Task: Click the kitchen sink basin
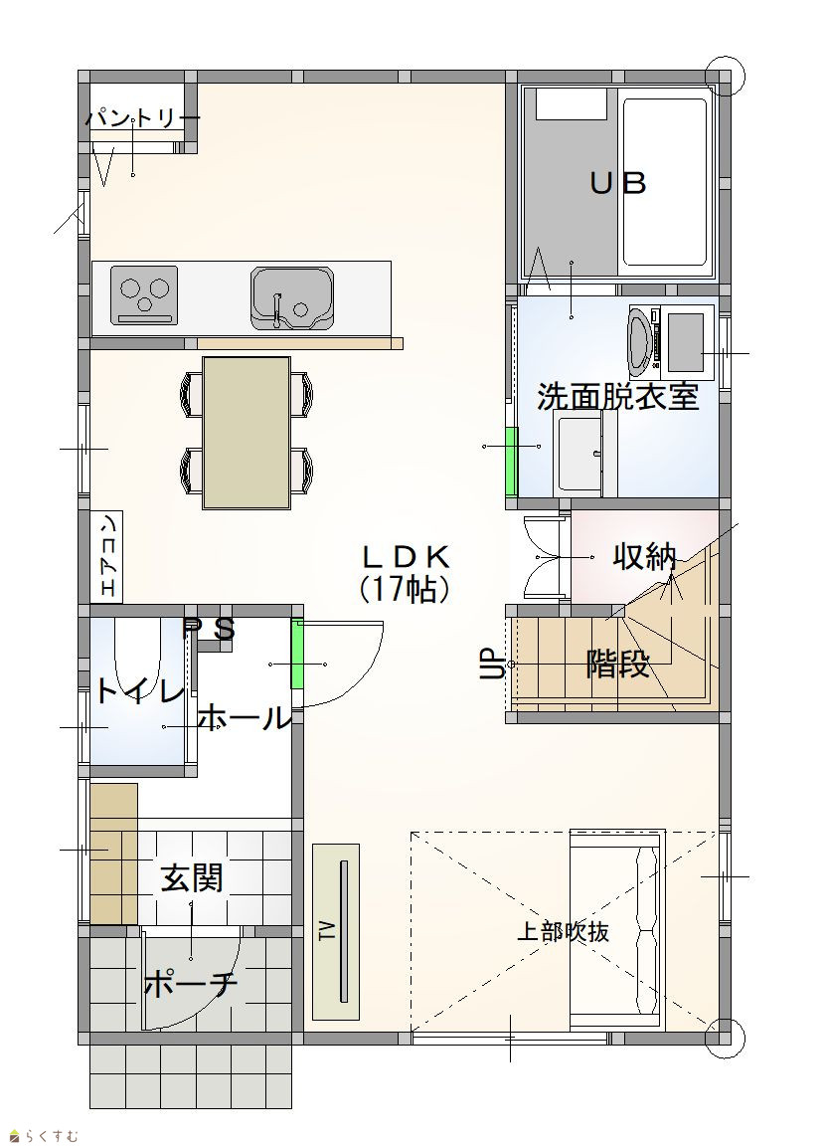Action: [x=291, y=297]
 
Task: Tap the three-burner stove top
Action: [x=144, y=294]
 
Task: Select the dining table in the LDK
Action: [x=247, y=432]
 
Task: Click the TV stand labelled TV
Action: [x=336, y=931]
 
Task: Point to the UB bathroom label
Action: [x=617, y=183]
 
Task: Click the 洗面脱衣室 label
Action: [x=617, y=396]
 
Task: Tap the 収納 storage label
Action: [x=644, y=558]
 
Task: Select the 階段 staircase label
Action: [x=617, y=665]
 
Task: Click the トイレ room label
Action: [x=139, y=691]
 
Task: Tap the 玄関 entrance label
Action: [x=191, y=877]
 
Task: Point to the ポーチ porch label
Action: [x=191, y=985]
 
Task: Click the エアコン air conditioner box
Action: [x=106, y=556]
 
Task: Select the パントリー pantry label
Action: [x=142, y=118]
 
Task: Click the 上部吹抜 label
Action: [x=563, y=932]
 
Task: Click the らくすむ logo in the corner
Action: [x=43, y=1135]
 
